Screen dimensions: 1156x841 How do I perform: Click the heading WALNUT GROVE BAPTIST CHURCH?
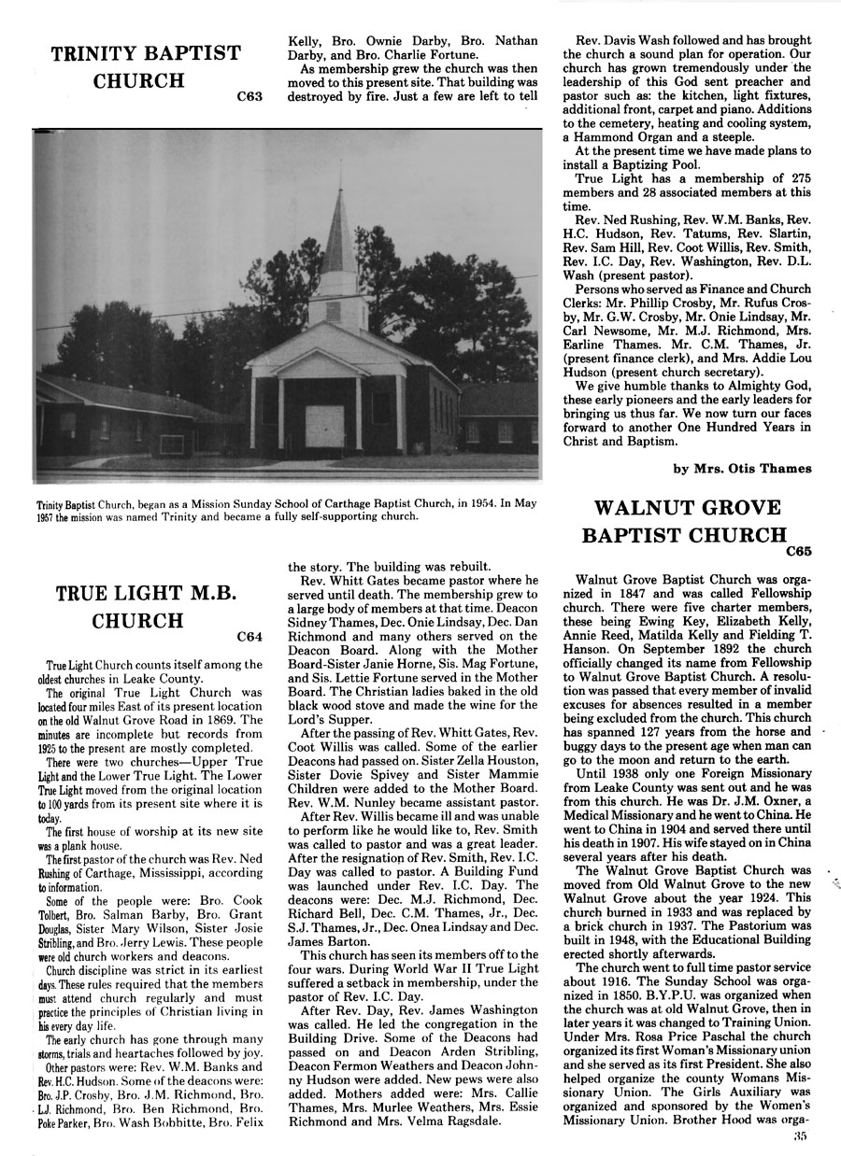[x=687, y=522]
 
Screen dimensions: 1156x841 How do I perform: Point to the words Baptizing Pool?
[x=665, y=164]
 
